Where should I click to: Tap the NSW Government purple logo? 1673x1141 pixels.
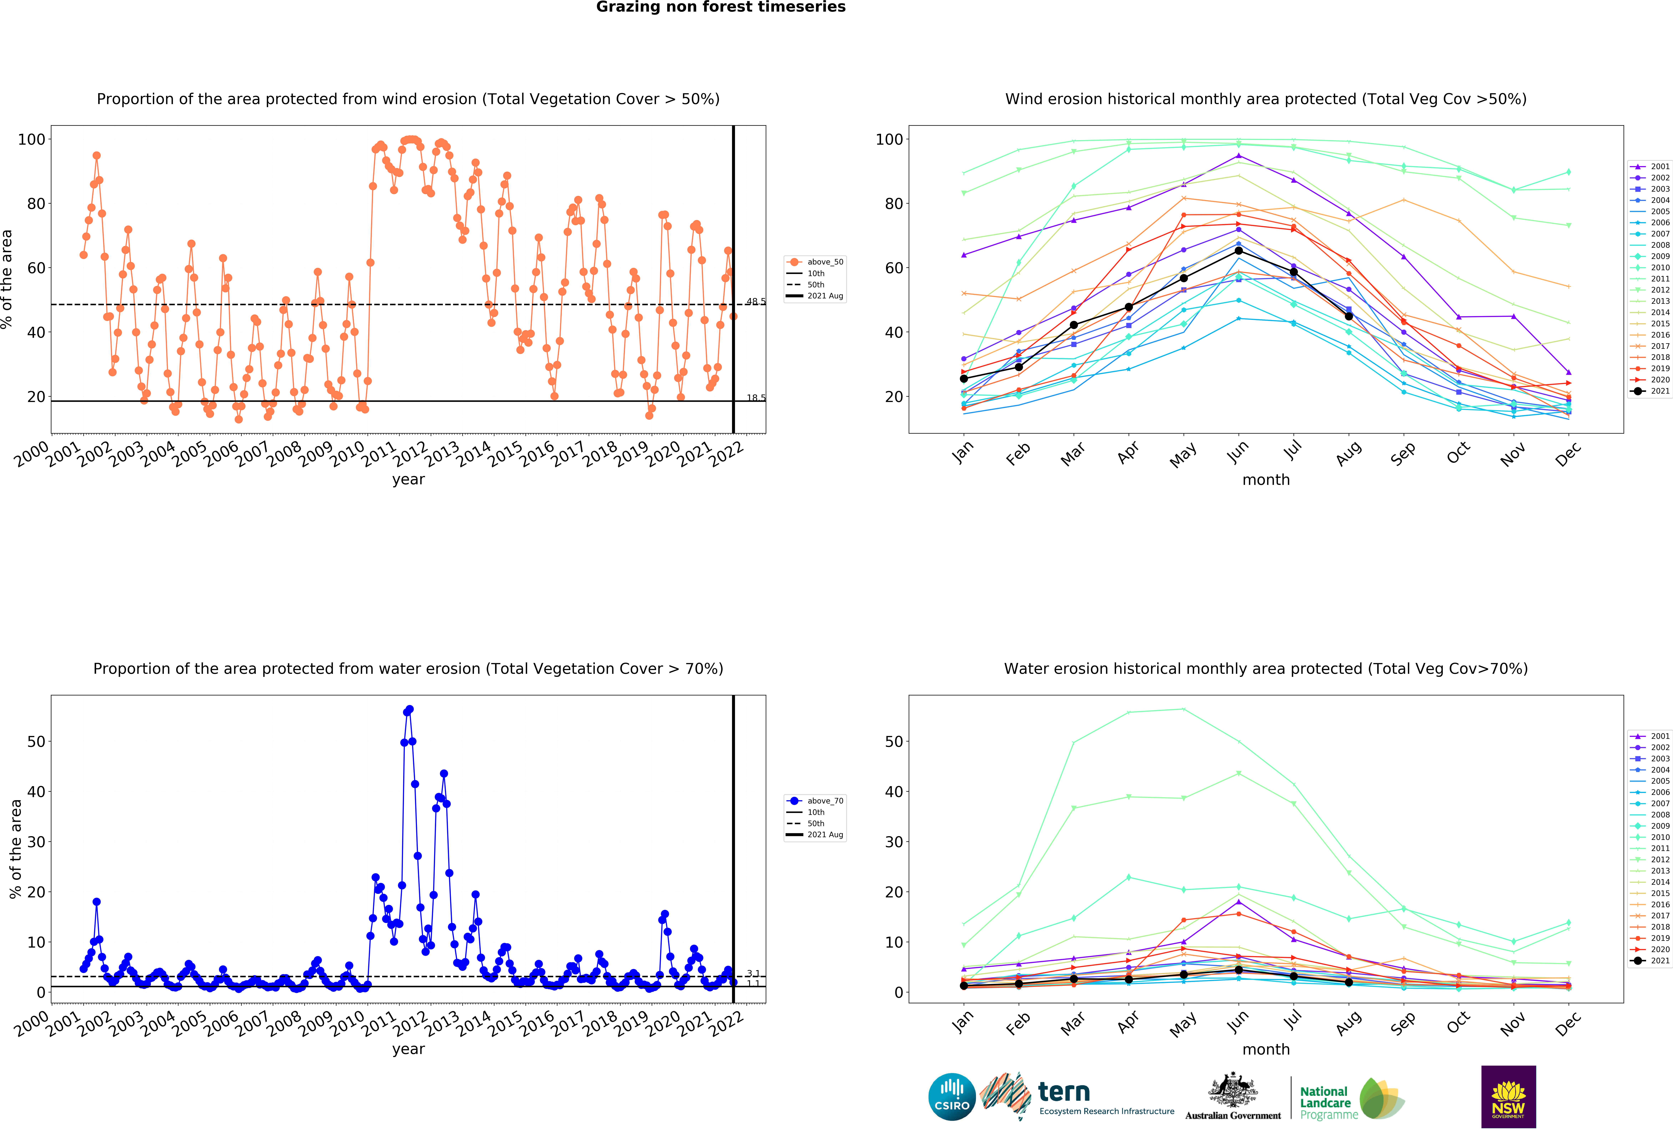pyautogui.click(x=1508, y=1096)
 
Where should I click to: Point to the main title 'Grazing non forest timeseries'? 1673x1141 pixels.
pyautogui.click(x=721, y=7)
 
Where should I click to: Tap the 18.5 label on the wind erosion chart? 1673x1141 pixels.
pyautogui.click(x=756, y=398)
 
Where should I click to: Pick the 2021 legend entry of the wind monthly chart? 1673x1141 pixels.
pyautogui.click(x=1649, y=391)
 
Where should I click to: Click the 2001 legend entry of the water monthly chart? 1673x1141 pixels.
pyautogui.click(x=1649, y=736)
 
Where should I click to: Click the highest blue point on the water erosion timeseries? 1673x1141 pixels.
pyautogui.click(x=410, y=710)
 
